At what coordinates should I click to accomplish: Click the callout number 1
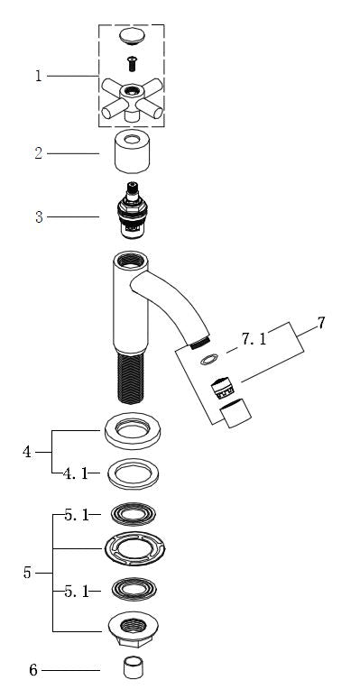click(39, 76)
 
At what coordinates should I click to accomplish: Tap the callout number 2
click(39, 153)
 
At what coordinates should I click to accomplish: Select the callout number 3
click(39, 216)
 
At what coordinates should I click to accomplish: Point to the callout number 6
click(33, 670)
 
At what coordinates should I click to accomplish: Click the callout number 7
click(321, 323)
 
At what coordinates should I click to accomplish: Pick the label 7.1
click(254, 339)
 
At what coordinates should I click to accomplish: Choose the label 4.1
click(75, 473)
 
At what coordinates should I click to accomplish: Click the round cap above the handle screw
click(132, 36)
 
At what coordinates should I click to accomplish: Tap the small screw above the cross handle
click(132, 64)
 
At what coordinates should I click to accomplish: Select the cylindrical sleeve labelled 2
click(132, 154)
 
